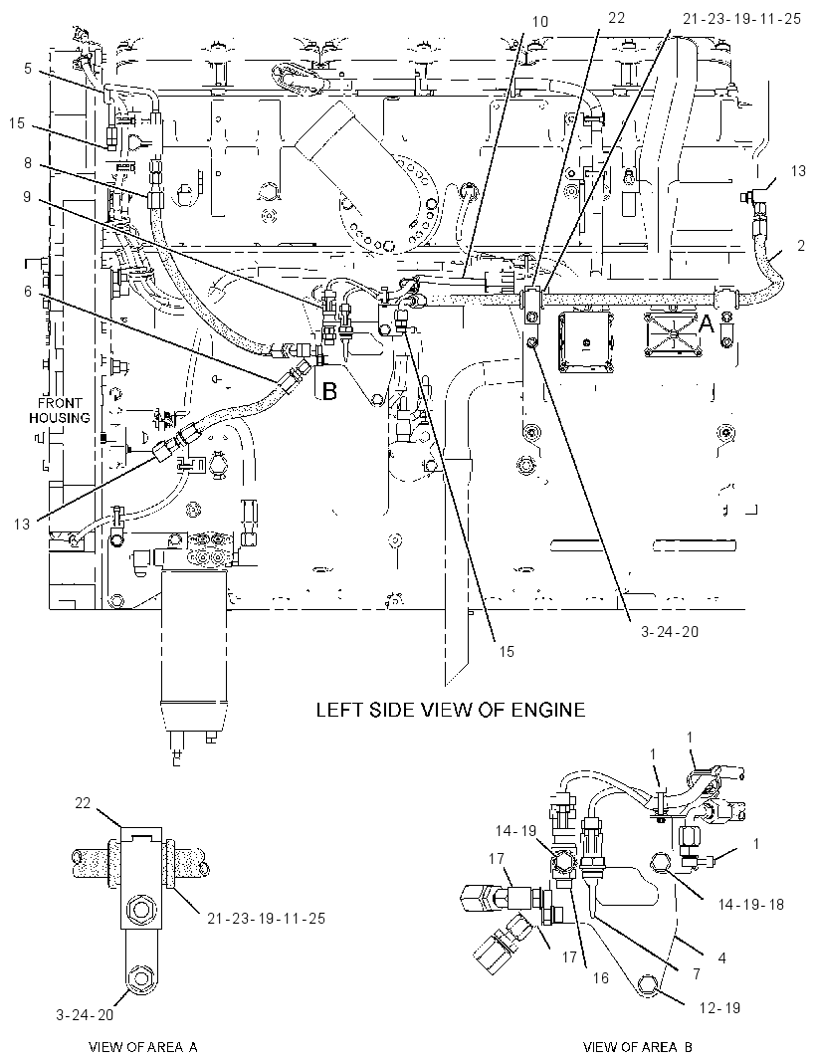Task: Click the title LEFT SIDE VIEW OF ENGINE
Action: tap(451, 710)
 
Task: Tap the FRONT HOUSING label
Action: tap(60, 411)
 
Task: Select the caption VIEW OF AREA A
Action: tap(143, 1047)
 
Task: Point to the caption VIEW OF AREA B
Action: tap(638, 1047)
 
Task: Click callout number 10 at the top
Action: tap(540, 22)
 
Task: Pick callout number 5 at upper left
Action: tap(28, 69)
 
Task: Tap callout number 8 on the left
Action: tap(28, 163)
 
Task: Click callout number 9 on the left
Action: tap(28, 197)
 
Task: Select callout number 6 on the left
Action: tap(28, 291)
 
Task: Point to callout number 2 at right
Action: tap(801, 246)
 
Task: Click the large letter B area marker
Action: tap(328, 390)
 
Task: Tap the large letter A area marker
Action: tap(706, 325)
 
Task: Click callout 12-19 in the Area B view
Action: tap(720, 1007)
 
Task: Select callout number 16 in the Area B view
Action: tap(601, 977)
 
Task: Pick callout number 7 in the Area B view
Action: tap(697, 973)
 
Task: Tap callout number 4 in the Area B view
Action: tap(721, 957)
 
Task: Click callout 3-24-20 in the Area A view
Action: tap(85, 1014)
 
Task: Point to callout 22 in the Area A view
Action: tap(83, 803)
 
